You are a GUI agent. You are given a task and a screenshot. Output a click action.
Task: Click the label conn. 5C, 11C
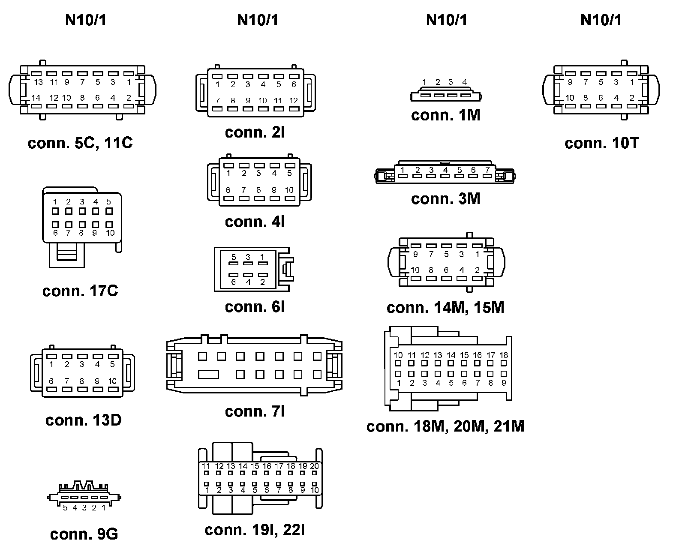(80, 143)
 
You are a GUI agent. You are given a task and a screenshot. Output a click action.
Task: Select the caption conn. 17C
(80, 291)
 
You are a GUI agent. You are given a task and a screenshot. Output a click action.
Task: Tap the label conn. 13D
(84, 420)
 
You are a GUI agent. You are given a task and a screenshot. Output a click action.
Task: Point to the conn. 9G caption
(84, 534)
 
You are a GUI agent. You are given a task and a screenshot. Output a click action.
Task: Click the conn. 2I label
(255, 132)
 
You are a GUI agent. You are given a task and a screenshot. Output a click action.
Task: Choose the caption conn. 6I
(255, 307)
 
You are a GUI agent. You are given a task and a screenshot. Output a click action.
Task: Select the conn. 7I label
(255, 411)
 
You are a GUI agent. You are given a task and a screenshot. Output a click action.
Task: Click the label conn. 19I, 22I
(255, 530)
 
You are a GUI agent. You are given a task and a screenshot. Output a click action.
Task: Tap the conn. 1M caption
(446, 115)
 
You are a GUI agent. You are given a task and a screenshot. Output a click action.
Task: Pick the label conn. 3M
(446, 199)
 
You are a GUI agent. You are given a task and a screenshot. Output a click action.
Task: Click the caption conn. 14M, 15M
(445, 308)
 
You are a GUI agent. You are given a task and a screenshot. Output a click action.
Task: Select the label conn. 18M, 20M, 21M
(445, 426)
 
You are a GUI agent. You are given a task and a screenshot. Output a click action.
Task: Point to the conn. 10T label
(602, 143)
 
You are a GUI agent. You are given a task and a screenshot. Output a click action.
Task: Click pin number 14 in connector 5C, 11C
(36, 98)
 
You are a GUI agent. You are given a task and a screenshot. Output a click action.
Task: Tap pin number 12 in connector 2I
(294, 101)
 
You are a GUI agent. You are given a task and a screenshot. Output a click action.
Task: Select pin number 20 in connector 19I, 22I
(315, 466)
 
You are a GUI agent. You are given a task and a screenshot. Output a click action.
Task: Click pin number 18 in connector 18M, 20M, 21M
(504, 355)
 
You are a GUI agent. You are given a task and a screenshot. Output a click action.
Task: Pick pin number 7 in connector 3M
(487, 170)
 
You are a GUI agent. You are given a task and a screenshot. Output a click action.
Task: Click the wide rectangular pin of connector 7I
(209, 375)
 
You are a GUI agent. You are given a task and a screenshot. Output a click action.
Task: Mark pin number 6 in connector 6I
(234, 282)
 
